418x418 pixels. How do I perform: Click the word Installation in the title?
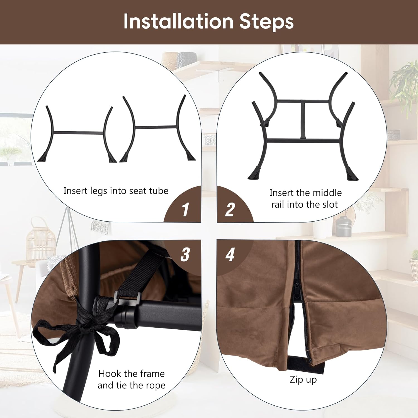pos(178,21)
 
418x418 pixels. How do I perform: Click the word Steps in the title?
pos(266,21)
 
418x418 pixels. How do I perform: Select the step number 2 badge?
pos(230,210)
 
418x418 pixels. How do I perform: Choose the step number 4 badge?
pos(230,254)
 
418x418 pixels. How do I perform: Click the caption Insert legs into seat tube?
pos(116,191)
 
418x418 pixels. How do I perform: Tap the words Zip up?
pos(303,380)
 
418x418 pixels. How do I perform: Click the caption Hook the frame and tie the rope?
pos(132,379)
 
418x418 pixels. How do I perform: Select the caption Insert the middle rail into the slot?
pos(305,199)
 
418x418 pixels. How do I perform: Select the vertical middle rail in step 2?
pos(303,120)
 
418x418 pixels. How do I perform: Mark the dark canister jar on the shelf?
pos(343,227)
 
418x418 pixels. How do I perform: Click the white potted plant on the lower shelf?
pos(414,262)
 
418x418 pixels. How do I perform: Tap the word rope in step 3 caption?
pos(156,385)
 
